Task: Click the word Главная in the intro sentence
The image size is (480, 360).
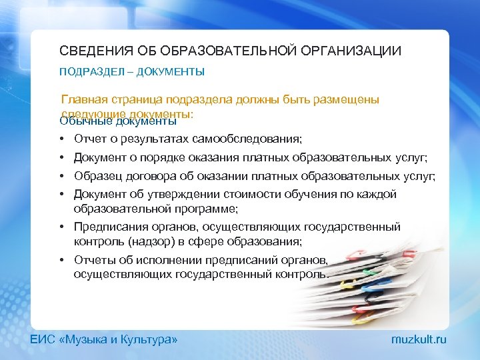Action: [x=83, y=99]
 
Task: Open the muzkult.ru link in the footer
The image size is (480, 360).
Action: [x=419, y=339]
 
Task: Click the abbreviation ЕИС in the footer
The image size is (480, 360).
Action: [x=43, y=339]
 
